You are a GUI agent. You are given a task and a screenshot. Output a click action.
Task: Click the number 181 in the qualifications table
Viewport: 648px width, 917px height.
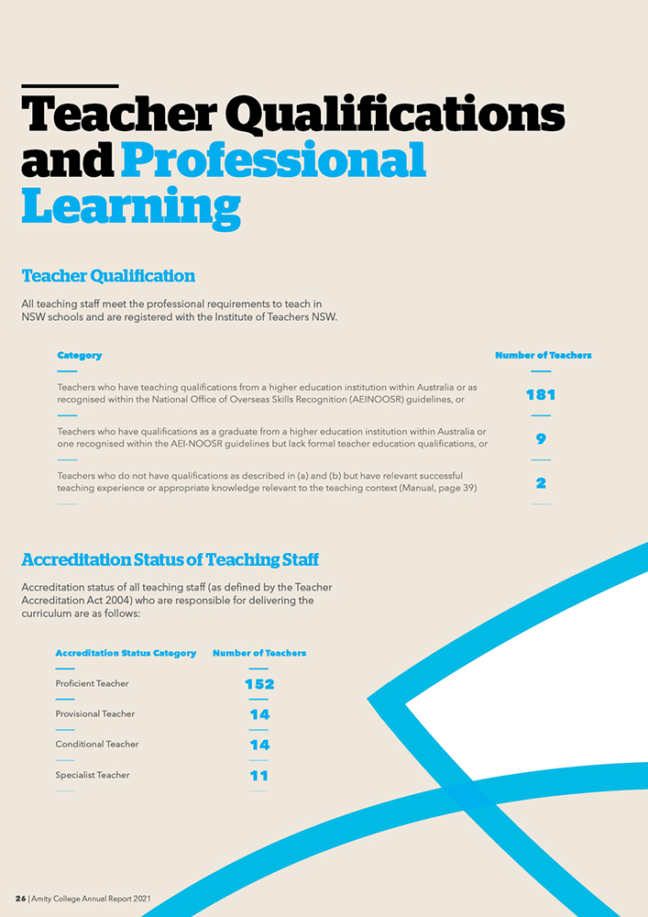(541, 395)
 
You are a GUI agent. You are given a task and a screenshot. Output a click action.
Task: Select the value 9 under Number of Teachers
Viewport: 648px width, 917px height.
(541, 439)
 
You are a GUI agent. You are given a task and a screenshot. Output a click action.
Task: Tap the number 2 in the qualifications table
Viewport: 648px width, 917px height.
(541, 483)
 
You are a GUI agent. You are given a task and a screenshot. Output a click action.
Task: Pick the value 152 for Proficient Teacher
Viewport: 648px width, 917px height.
(259, 684)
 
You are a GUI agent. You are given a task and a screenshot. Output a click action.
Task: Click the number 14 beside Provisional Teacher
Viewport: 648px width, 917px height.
(259, 714)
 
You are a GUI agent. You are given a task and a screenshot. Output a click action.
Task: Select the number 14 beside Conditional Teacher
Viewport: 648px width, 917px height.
(259, 745)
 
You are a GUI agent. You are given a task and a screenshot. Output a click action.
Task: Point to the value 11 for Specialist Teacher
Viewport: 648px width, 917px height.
(258, 776)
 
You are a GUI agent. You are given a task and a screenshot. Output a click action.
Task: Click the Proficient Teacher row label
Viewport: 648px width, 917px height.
(92, 684)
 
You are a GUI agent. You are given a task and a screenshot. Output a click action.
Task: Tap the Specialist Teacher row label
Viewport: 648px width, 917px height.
(92, 776)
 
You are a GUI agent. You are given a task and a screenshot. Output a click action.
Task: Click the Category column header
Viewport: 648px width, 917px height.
(79, 356)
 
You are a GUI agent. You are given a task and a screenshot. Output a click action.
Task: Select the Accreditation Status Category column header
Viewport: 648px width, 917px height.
(126, 654)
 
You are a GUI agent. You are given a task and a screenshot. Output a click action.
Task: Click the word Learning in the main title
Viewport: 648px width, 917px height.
(130, 206)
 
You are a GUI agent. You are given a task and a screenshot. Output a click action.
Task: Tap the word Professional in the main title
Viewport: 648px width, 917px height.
(273, 160)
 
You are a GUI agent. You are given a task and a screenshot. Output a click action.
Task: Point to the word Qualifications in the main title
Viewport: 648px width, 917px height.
(394, 115)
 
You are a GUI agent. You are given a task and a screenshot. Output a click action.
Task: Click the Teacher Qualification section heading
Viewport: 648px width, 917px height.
(108, 276)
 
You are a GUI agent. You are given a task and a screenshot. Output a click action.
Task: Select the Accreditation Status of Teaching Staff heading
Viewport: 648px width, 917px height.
(170, 559)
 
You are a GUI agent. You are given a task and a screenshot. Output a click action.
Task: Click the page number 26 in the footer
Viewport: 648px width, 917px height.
(20, 900)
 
